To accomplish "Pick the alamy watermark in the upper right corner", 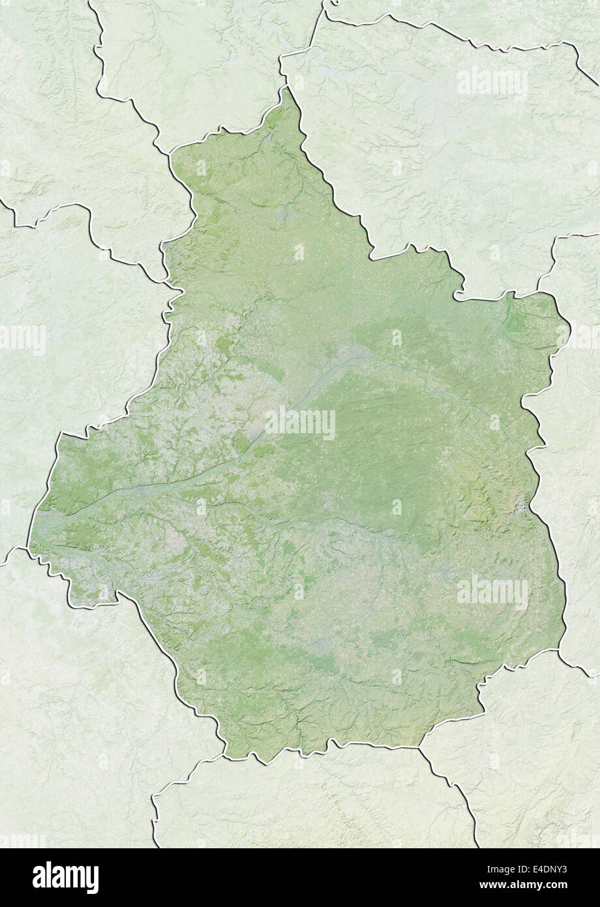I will (x=492, y=83).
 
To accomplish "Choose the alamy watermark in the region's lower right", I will (x=492, y=592).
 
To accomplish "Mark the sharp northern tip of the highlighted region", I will (x=285, y=88).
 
